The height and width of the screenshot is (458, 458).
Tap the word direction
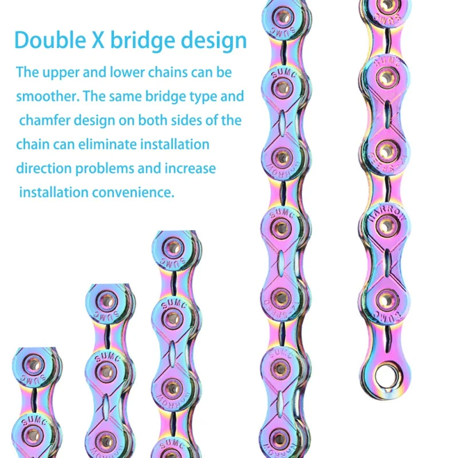pos(41,168)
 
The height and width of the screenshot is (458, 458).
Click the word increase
pos(191,168)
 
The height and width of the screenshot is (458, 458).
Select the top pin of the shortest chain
pos(34,363)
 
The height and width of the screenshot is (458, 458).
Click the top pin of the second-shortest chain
pos(106,299)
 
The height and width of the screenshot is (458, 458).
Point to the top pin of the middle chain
pos(173,247)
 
